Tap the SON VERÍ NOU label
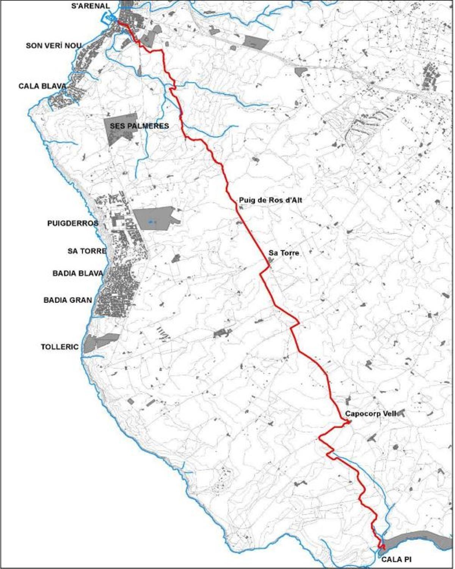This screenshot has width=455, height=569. tap(53, 46)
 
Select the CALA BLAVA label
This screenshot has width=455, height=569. tap(42, 86)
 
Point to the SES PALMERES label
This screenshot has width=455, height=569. tap(139, 126)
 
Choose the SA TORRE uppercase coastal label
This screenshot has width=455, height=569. tap(87, 251)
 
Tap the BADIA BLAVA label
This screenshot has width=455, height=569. tap(78, 273)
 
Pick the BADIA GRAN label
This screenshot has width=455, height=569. tap(68, 300)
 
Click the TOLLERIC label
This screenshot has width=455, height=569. tap(60, 347)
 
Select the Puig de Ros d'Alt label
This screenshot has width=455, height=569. tap(270, 200)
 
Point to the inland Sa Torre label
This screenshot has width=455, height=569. tap(284, 253)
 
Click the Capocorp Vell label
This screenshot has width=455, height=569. tap(370, 414)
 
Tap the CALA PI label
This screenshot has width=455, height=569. tap(396, 559)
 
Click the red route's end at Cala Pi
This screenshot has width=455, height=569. tap(383, 547)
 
